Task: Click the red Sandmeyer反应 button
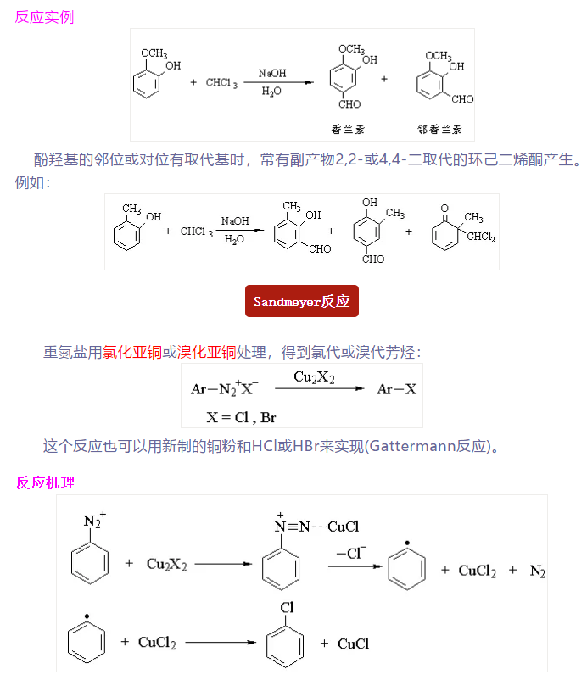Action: point(301,301)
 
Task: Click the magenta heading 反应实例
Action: point(44,16)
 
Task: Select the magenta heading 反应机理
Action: point(44,482)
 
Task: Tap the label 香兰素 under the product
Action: point(348,130)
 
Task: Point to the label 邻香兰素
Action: point(439,130)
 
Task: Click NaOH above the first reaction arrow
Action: point(272,75)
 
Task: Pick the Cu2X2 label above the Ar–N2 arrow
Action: point(314,376)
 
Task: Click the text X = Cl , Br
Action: point(241,416)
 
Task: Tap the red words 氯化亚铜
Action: point(132,351)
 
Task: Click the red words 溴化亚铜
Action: point(207,351)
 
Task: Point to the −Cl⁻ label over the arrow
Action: point(351,552)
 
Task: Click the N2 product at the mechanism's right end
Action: point(537,571)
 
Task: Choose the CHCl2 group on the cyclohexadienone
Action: point(480,237)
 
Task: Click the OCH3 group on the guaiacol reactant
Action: point(154,53)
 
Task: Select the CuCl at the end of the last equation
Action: point(353,644)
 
